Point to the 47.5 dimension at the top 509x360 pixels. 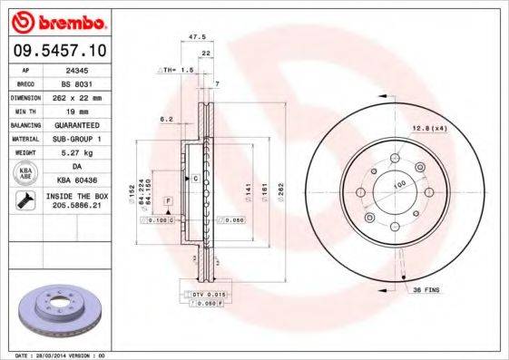pyautogui.click(x=193, y=37)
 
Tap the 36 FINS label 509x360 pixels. pyautogui.click(x=426, y=289)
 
